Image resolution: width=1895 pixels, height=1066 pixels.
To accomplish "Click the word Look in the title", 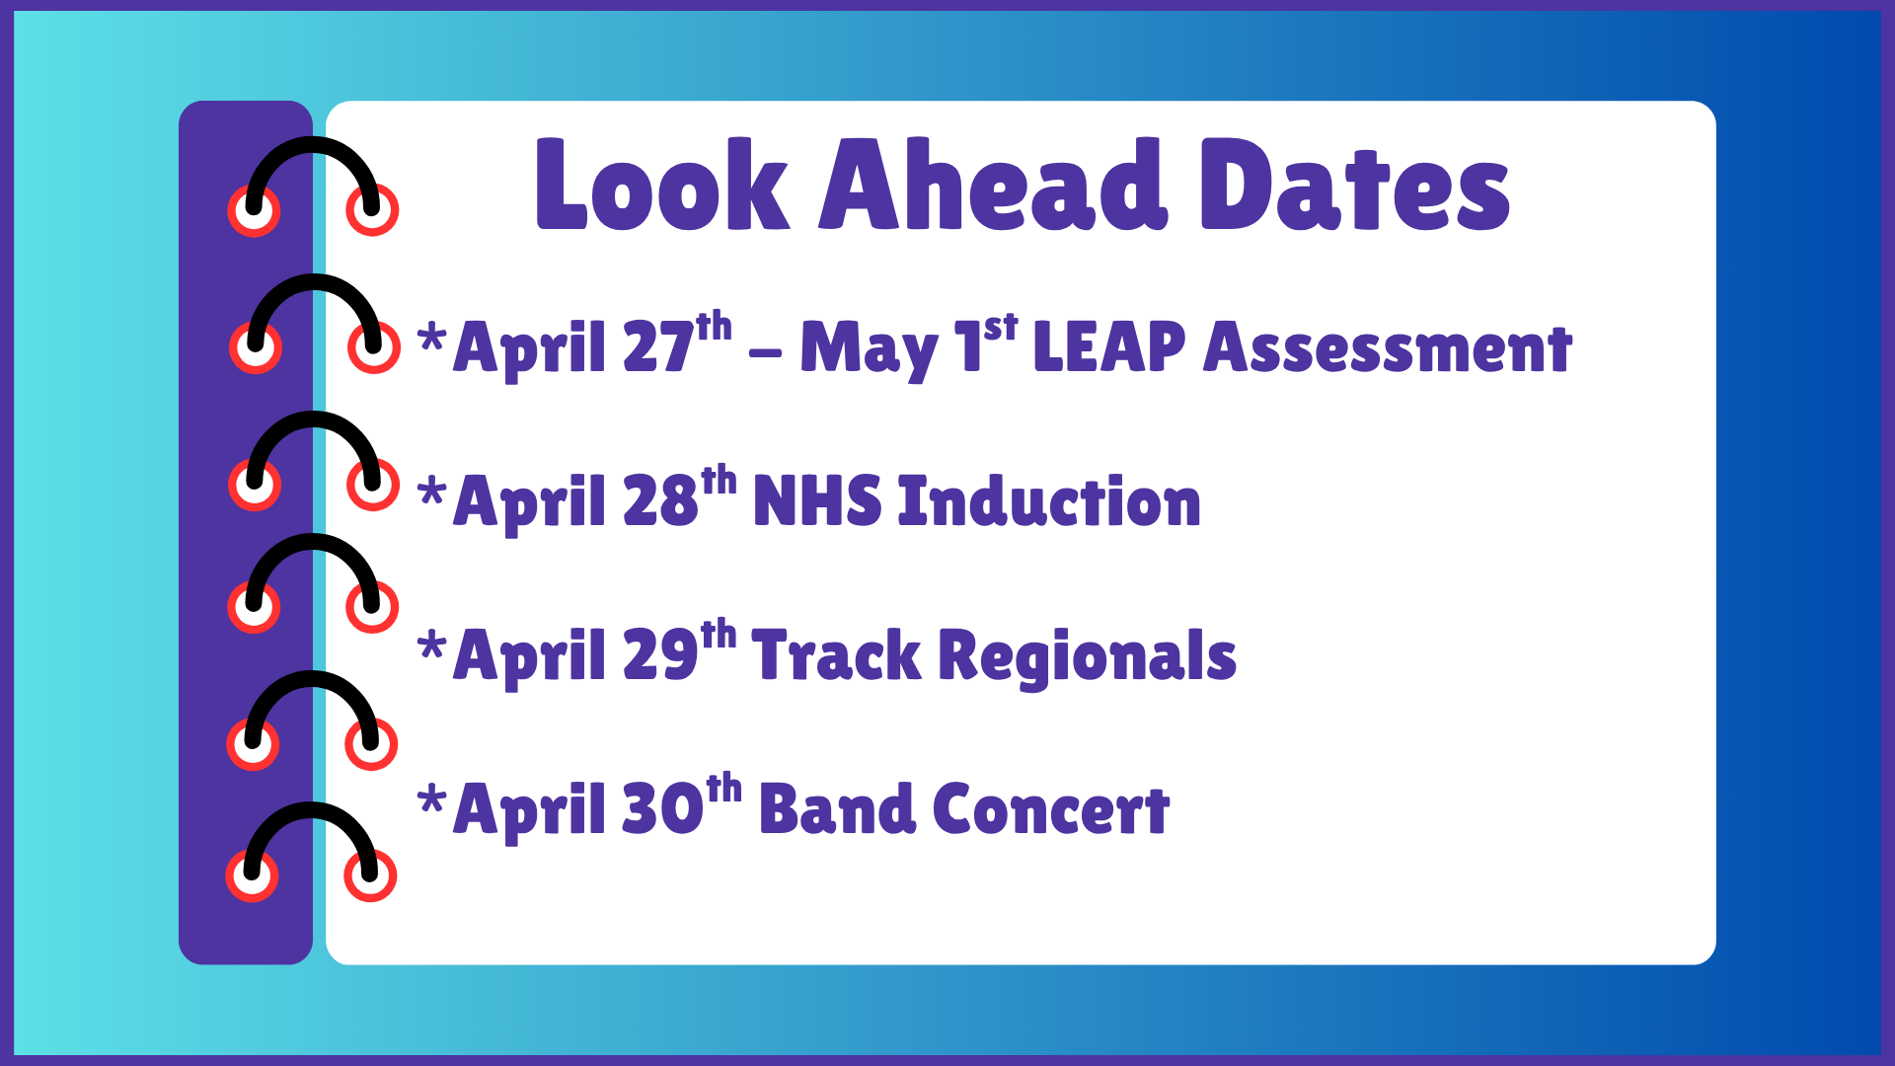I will [x=661, y=186].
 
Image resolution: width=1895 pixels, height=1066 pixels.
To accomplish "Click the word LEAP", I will [x=1108, y=347].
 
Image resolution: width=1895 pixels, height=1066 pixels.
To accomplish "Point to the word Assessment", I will [x=1387, y=347].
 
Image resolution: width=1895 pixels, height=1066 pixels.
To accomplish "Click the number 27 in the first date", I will [x=657, y=347].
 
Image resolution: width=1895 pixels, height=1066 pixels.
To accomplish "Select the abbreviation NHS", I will [x=816, y=501].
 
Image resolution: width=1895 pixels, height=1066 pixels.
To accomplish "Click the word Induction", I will [x=1049, y=501].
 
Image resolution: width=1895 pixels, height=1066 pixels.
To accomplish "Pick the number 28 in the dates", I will [x=660, y=501].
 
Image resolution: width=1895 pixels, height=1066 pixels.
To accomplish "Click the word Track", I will [x=835, y=655].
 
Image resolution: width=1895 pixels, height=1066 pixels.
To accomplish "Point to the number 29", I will [x=660, y=655].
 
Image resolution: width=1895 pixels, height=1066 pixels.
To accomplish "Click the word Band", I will [x=836, y=809].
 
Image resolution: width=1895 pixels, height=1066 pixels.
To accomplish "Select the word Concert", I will [x=1050, y=809].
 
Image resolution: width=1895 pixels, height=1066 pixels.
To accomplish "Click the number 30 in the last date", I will [x=662, y=809].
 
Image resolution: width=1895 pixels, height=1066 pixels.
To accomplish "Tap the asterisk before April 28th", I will [x=431, y=491].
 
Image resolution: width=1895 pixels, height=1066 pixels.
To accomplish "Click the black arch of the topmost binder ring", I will [x=313, y=148].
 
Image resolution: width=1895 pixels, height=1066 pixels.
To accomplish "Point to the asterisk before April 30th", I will [x=431, y=799].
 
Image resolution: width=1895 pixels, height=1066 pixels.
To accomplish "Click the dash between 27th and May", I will [x=765, y=352].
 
